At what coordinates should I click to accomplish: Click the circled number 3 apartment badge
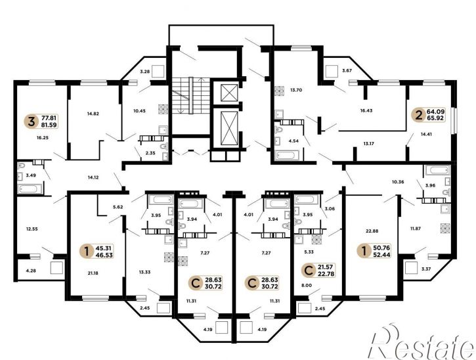(31, 122)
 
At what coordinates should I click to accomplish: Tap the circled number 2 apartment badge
(419, 115)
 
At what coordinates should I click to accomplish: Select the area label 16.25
(43, 137)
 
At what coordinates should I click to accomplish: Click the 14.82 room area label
(93, 114)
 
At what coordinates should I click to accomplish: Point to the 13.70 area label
(296, 90)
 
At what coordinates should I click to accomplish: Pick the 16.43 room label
(366, 110)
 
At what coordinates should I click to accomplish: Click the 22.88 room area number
(372, 231)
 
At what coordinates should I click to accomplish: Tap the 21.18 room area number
(93, 273)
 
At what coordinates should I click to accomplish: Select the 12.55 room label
(32, 229)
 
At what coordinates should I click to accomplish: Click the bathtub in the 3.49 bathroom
(29, 189)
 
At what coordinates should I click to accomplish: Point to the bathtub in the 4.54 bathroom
(287, 155)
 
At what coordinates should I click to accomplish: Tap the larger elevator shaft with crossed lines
(229, 127)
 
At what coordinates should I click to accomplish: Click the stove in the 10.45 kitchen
(163, 109)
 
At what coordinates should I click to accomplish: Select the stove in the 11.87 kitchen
(445, 229)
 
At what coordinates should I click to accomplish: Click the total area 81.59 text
(49, 125)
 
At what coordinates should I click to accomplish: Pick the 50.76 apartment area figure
(382, 248)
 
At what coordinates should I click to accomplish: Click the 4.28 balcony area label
(31, 271)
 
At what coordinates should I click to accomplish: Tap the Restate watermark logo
(422, 342)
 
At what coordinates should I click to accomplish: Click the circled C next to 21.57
(309, 271)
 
